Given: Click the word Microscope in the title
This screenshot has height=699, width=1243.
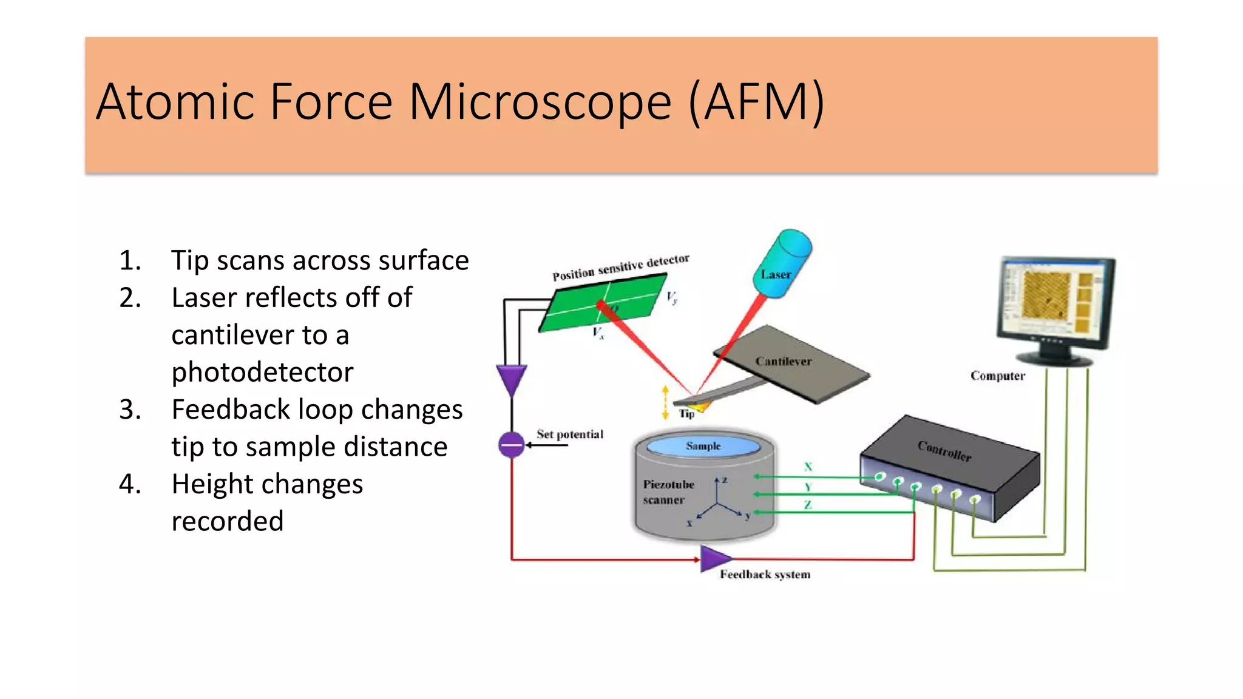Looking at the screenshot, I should click(540, 102).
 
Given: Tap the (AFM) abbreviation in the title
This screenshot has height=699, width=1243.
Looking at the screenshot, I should click(756, 102).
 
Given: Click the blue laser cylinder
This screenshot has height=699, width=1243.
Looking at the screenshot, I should click(785, 263).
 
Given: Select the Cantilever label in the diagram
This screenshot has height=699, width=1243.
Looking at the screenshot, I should click(783, 362).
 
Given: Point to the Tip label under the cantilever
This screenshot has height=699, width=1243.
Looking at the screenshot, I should click(686, 414).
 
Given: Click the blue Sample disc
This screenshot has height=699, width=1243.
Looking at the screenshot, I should click(703, 447).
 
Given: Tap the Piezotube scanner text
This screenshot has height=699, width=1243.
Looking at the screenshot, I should click(668, 492).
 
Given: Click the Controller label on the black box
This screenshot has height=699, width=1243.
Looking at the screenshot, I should click(944, 451).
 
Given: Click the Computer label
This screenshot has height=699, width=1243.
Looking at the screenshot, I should click(997, 376).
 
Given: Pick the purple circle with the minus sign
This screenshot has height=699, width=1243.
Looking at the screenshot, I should click(511, 445).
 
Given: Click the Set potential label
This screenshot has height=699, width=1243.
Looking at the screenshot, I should click(569, 434).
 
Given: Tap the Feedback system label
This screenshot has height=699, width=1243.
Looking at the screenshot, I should click(765, 575).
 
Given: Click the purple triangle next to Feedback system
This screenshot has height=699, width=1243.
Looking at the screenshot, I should click(714, 559).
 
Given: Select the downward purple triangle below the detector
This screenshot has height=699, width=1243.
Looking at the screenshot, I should click(511, 379).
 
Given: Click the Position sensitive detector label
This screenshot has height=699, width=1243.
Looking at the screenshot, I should click(620, 268).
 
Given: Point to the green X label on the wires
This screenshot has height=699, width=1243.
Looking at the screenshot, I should click(808, 467).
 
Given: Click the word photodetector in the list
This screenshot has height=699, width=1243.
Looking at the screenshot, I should click(262, 373).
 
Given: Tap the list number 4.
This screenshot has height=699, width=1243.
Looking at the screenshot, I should click(130, 484).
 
